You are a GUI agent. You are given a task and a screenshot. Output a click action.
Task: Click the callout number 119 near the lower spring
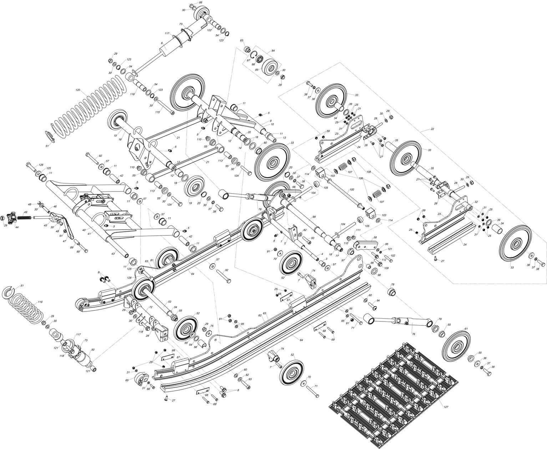coord(40,302)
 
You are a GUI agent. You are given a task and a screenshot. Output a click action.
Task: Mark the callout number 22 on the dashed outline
coord(432,129)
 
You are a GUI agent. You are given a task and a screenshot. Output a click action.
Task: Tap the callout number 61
coord(466,329)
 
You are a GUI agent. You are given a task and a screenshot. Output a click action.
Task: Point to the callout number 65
coord(127,381)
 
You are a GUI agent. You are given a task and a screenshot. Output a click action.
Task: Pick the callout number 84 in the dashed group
coord(273,51)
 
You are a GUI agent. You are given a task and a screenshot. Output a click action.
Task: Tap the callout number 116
coord(132,94)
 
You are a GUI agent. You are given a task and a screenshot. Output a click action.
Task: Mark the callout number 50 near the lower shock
coord(93,350)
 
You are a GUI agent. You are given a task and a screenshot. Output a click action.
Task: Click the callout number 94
coord(378,301)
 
